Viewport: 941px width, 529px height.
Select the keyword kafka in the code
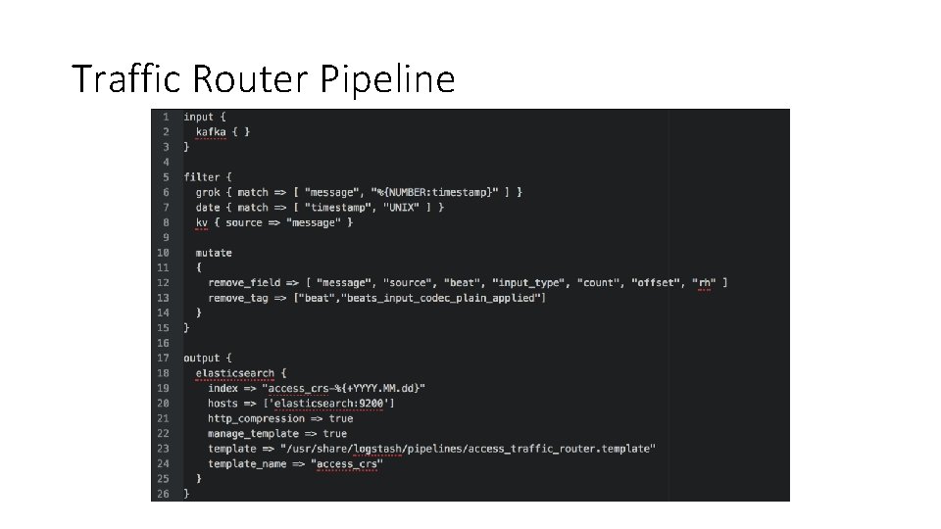coord(211,131)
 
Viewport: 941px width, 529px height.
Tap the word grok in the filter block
coord(208,192)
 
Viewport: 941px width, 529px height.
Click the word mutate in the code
coord(214,253)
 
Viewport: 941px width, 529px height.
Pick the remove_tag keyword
coord(238,298)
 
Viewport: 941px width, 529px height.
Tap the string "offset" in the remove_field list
coord(654,283)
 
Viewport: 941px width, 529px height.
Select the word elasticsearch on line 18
coord(235,373)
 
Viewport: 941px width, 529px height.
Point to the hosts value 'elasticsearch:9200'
coord(335,404)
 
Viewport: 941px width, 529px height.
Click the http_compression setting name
coord(256,418)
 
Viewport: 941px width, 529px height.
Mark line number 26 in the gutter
coord(163,494)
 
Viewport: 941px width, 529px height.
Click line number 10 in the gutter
coord(163,253)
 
